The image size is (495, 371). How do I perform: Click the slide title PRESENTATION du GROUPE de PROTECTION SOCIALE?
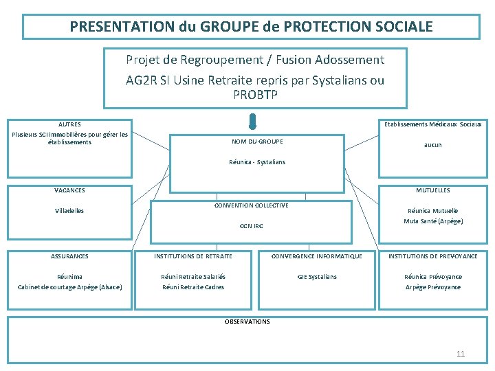pyautogui.click(x=251, y=27)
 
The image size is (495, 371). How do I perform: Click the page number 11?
pyautogui.click(x=461, y=354)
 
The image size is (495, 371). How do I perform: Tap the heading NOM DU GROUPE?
pyautogui.click(x=257, y=142)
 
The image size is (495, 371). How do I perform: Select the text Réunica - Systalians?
pyautogui.click(x=257, y=162)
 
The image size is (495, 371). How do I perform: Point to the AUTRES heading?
pyautogui.click(x=69, y=124)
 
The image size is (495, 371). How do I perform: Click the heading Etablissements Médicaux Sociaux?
pyautogui.click(x=433, y=124)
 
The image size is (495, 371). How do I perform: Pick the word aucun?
pyautogui.click(x=433, y=145)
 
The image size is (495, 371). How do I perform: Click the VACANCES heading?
pyautogui.click(x=69, y=190)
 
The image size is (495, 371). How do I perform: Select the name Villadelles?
pyautogui.click(x=69, y=211)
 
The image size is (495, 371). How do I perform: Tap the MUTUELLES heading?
pyautogui.click(x=433, y=190)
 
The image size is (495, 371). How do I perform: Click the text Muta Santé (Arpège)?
pyautogui.click(x=433, y=221)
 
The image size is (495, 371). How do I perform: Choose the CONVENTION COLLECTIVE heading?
pyautogui.click(x=251, y=205)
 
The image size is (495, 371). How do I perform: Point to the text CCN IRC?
pyautogui.click(x=251, y=226)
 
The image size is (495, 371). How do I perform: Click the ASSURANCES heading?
pyautogui.click(x=69, y=256)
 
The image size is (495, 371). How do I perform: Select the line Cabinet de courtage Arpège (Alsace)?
pyautogui.click(x=69, y=287)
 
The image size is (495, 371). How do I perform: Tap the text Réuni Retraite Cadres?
pyautogui.click(x=193, y=287)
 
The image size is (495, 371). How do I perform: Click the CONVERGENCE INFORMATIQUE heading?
pyautogui.click(x=317, y=256)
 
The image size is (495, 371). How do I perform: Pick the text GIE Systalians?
pyautogui.click(x=317, y=277)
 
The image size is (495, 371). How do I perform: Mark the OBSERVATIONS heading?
pyautogui.click(x=247, y=322)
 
